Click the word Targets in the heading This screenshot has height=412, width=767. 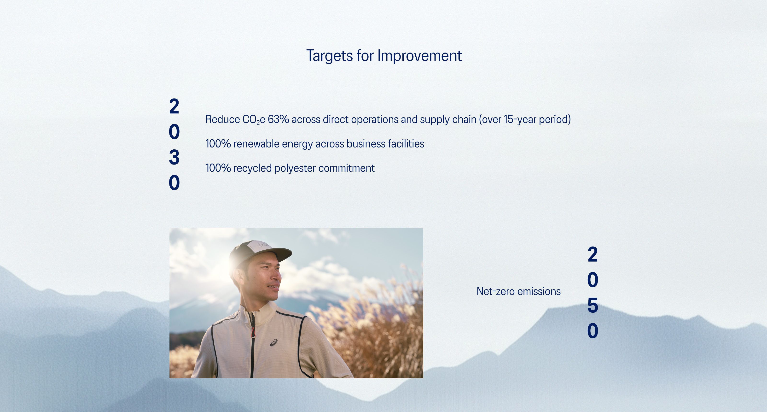click(329, 56)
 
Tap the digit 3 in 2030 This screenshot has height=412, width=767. click(174, 157)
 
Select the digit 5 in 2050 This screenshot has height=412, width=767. click(593, 305)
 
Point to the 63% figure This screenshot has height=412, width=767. click(278, 119)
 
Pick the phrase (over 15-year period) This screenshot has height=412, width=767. click(525, 119)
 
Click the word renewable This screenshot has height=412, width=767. click(256, 144)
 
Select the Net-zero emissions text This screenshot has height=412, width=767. click(518, 291)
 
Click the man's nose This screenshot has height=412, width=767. click(277, 277)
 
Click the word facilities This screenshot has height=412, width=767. click(406, 144)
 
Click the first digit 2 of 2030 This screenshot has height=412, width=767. click(174, 106)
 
